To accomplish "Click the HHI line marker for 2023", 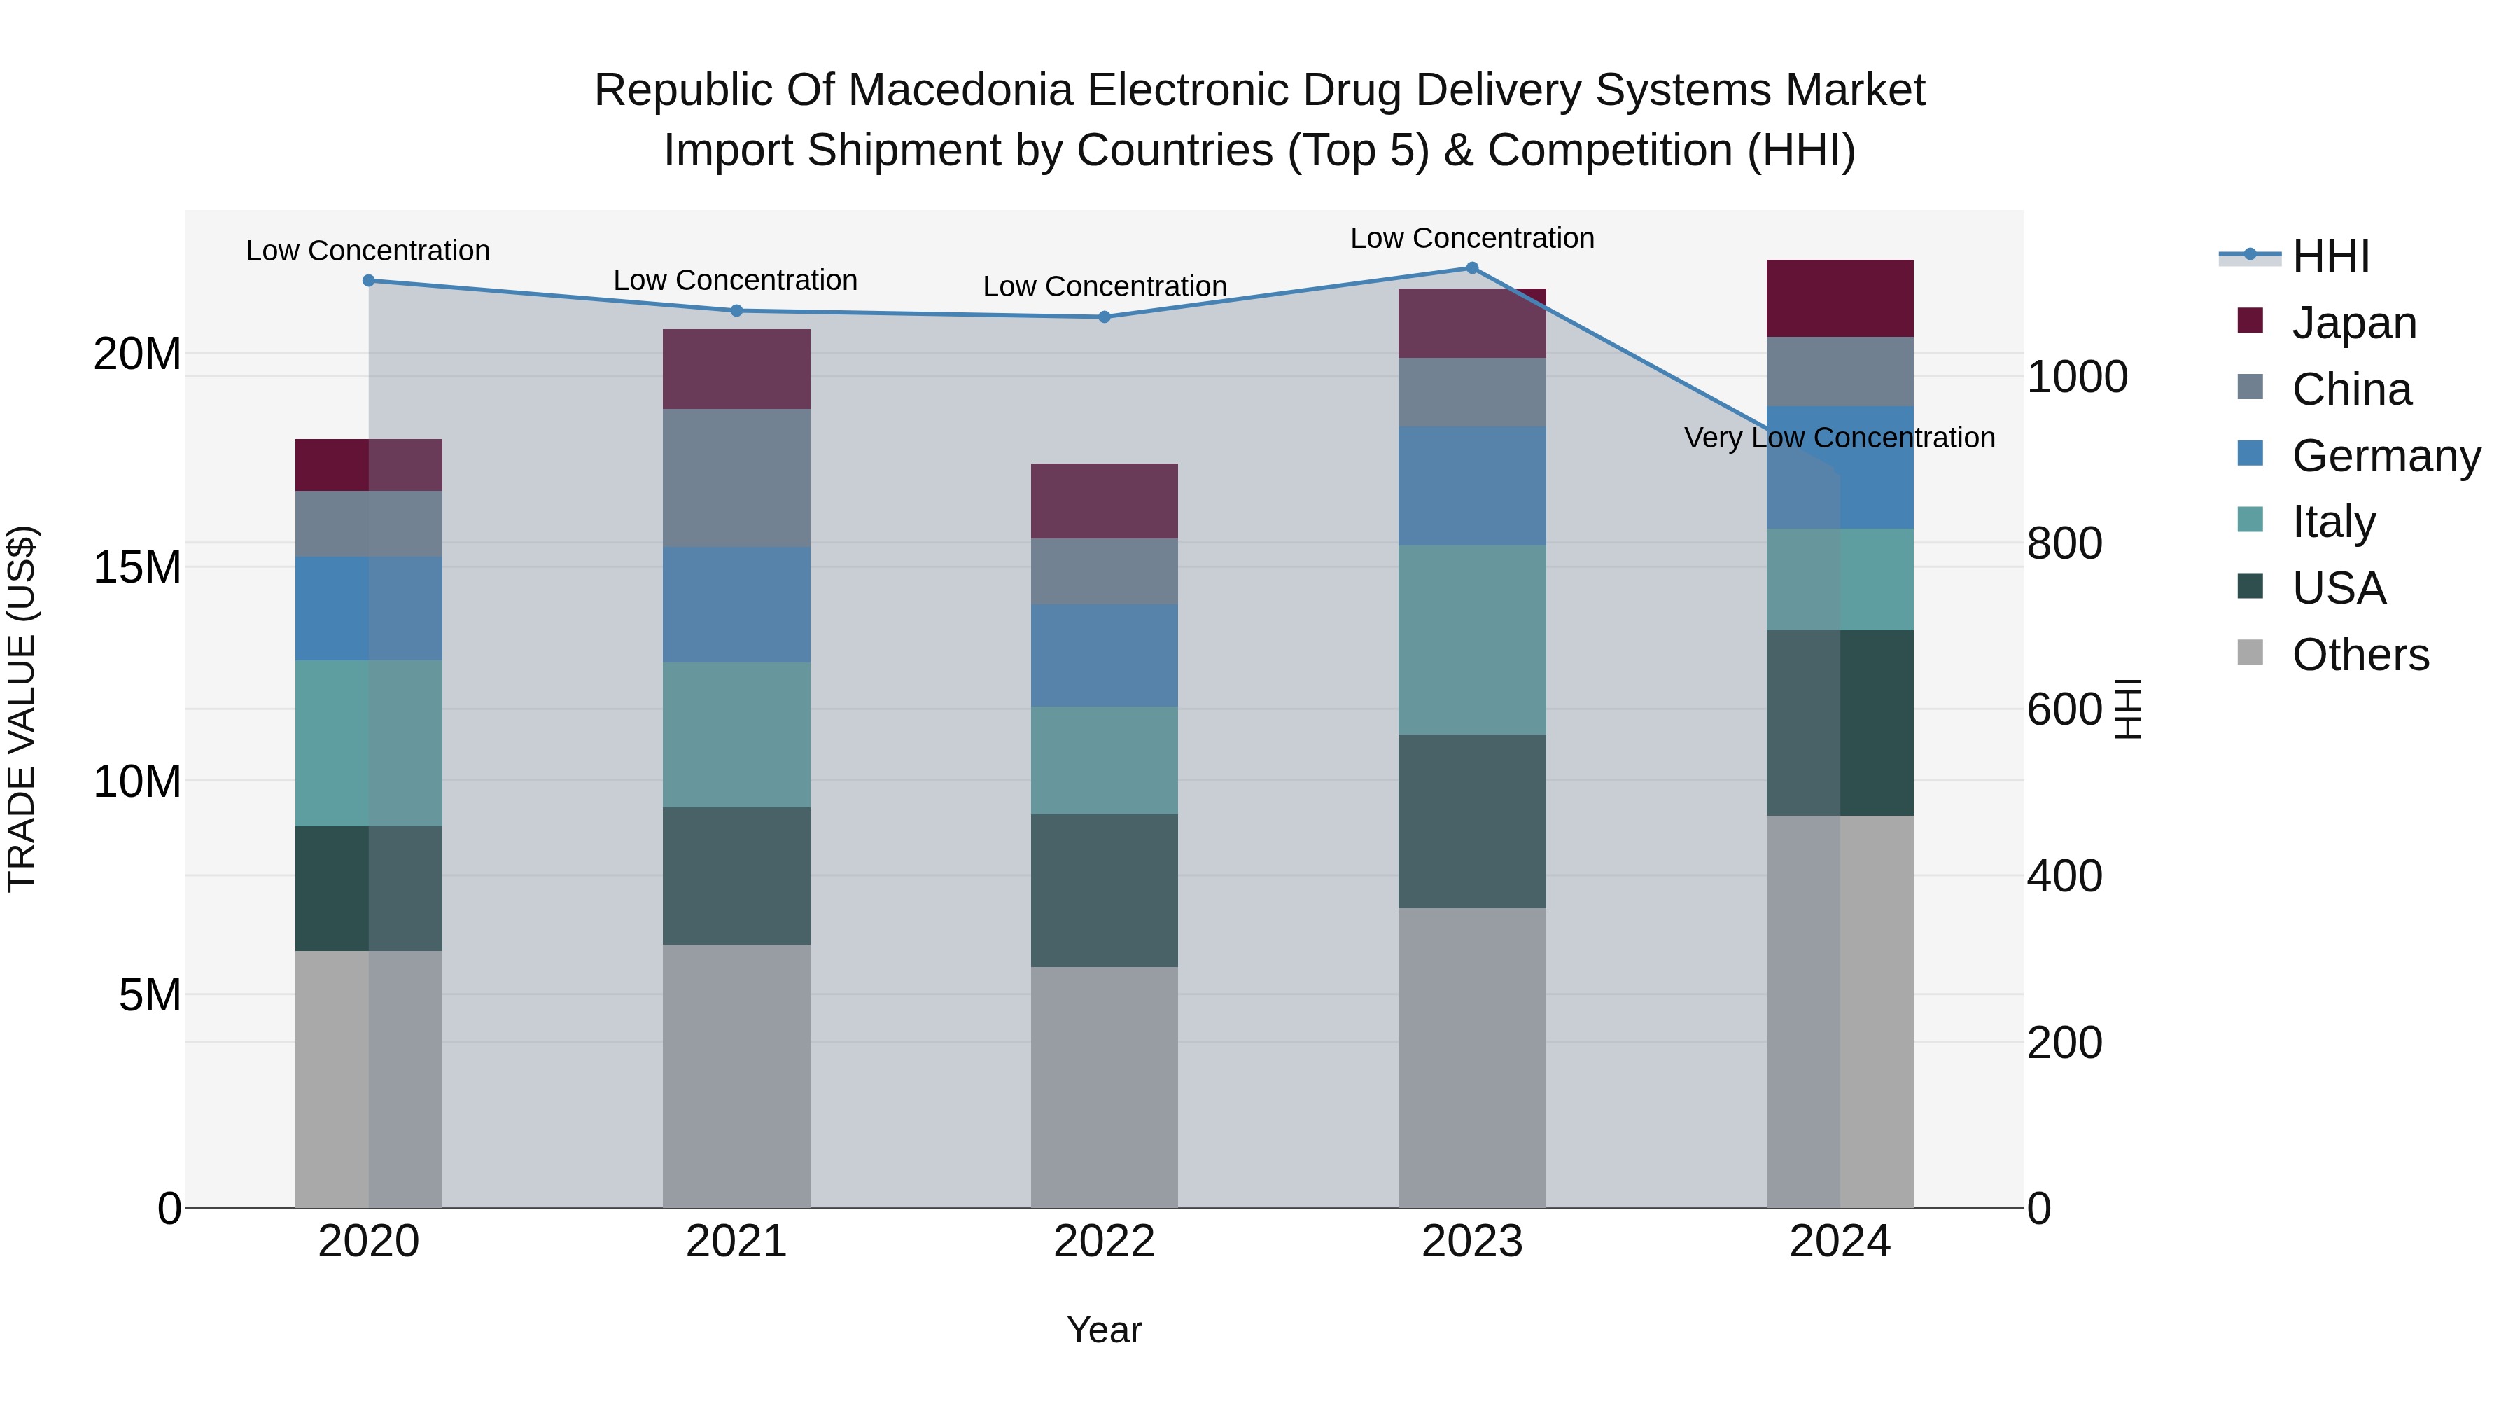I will (1471, 268).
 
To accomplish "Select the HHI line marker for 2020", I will (369, 281).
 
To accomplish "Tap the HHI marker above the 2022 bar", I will (1105, 317).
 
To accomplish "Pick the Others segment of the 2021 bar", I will (736, 1076).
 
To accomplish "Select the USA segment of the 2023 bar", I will (1471, 821).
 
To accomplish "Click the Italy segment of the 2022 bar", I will (1105, 760).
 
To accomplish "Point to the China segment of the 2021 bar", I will (736, 478).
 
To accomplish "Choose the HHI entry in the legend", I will (2330, 256).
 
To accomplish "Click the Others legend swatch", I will (2250, 653).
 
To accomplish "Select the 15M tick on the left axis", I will (138, 568).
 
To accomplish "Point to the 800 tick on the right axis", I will (2064, 543).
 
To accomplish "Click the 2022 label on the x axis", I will (1105, 1242).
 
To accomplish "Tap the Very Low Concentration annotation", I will (1839, 438).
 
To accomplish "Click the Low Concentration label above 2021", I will (736, 281).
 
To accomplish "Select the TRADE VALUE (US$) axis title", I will (22, 709).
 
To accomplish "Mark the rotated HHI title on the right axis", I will (2128, 709).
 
